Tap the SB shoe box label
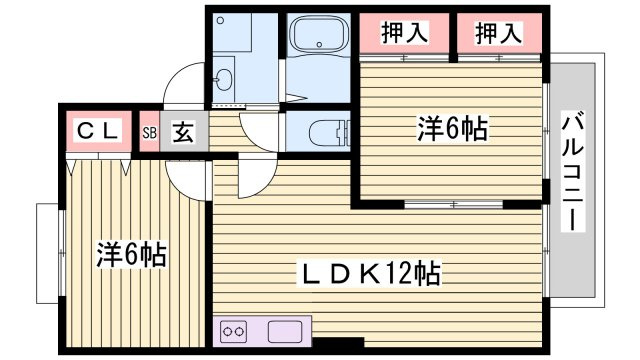pyautogui.click(x=149, y=131)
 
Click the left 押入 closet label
pyautogui.click(x=404, y=33)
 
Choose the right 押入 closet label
pyautogui.click(x=497, y=33)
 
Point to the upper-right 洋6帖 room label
pyautogui.click(x=452, y=128)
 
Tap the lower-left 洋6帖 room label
pyautogui.click(x=131, y=254)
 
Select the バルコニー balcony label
pyautogui.click(x=572, y=172)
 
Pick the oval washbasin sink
pyautogui.click(x=223, y=78)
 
